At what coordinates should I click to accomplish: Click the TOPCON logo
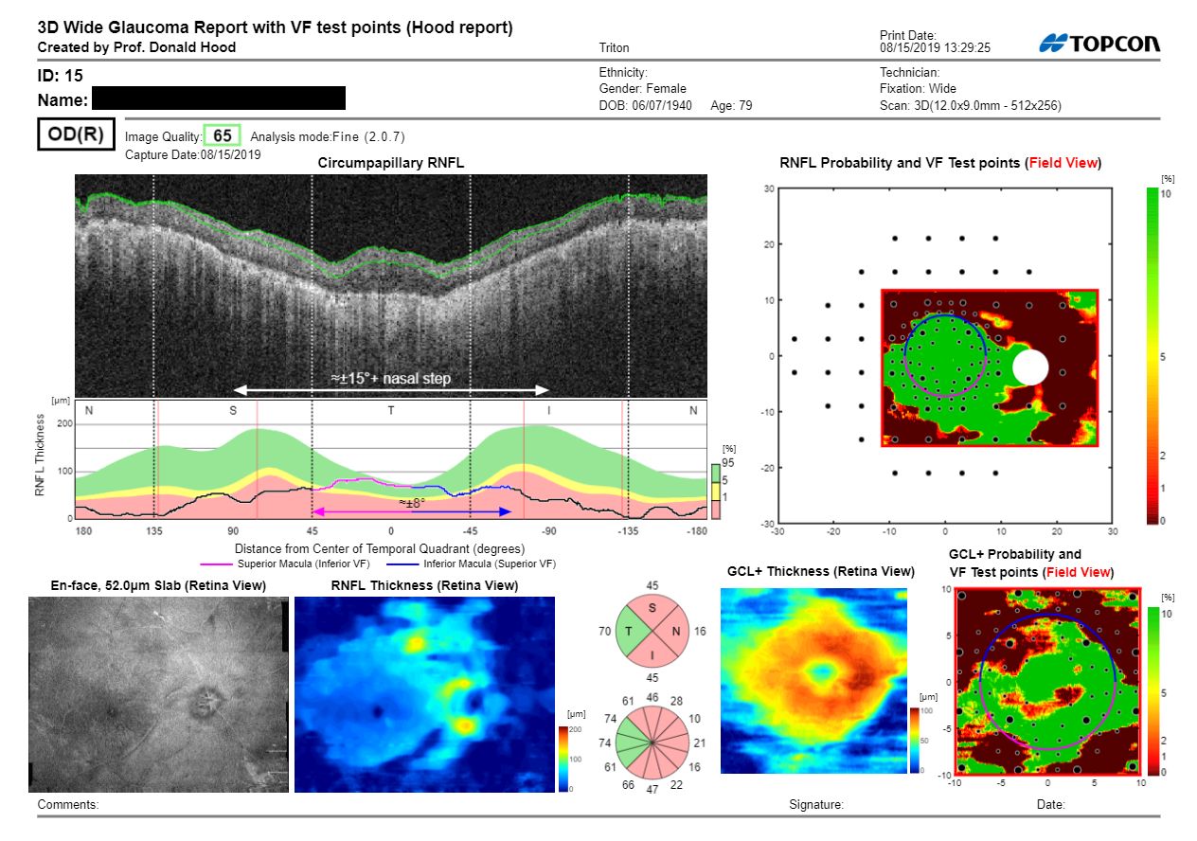pyautogui.click(x=1099, y=44)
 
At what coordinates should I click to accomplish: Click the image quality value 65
pyautogui.click(x=223, y=135)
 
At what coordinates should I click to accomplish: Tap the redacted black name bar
pyautogui.click(x=218, y=98)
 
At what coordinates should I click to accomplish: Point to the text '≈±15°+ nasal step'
pyautogui.click(x=390, y=378)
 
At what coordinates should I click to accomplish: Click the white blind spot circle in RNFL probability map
pyautogui.click(x=1030, y=367)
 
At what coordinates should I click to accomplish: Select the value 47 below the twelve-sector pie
pyautogui.click(x=652, y=788)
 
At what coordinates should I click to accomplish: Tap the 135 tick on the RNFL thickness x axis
pyautogui.click(x=155, y=531)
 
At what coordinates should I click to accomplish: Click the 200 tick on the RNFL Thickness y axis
pyautogui.click(x=63, y=424)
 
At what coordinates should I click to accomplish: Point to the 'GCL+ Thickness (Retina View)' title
pyautogui.click(x=820, y=571)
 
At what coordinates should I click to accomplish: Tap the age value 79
pyautogui.click(x=744, y=105)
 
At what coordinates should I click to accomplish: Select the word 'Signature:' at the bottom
pyautogui.click(x=815, y=804)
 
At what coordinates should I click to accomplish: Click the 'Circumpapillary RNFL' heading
pyautogui.click(x=390, y=164)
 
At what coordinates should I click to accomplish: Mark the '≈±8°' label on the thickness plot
pyautogui.click(x=412, y=502)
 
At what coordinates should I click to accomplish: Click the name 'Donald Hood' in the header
pyautogui.click(x=201, y=46)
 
